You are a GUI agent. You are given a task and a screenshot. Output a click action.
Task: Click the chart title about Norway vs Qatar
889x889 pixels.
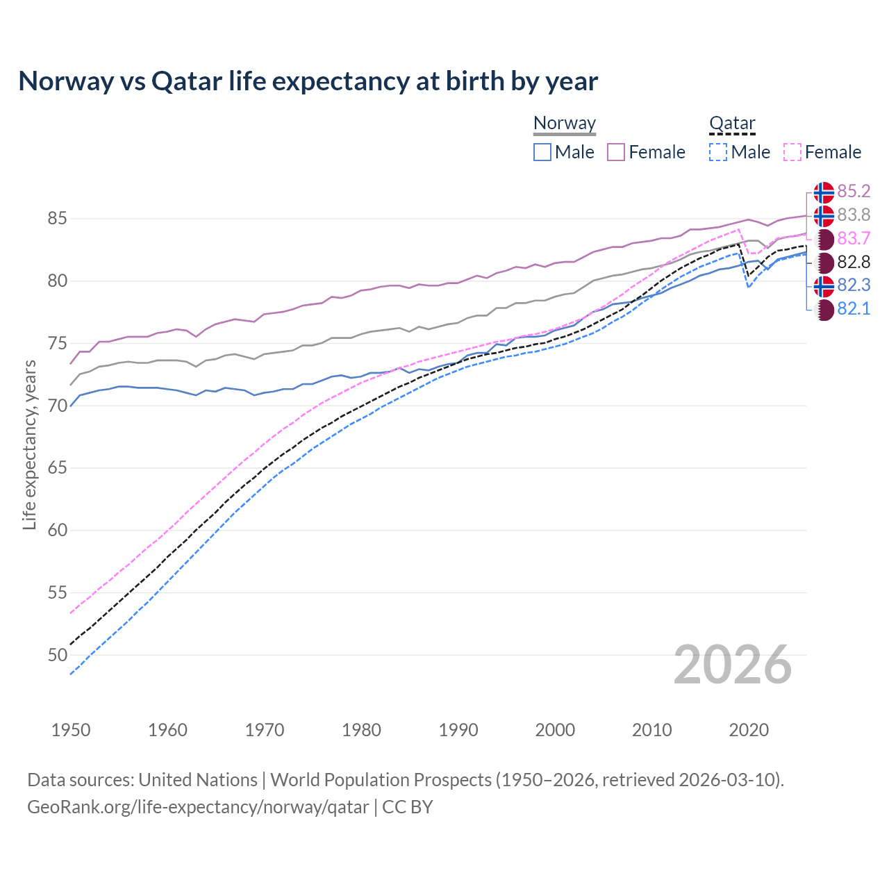pyautogui.click(x=308, y=81)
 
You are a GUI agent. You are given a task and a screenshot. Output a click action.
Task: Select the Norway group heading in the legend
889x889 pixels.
pyautogui.click(x=565, y=123)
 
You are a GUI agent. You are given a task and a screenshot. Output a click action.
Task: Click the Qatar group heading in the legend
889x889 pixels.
pyautogui.click(x=732, y=123)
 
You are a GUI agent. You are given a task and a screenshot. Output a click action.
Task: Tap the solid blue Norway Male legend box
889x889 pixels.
pyautogui.click(x=542, y=152)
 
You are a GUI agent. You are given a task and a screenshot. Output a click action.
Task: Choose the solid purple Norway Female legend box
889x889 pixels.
pyautogui.click(x=616, y=152)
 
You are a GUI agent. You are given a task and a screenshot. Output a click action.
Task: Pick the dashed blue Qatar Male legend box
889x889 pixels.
pyautogui.click(x=719, y=152)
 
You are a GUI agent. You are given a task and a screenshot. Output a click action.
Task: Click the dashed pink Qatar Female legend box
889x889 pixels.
pyautogui.click(x=792, y=152)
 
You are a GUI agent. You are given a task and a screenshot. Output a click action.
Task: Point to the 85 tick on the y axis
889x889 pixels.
pyautogui.click(x=57, y=219)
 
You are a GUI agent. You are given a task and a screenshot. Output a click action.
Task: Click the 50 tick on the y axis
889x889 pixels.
pyautogui.click(x=57, y=655)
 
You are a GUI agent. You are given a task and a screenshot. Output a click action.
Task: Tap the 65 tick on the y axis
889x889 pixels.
pyautogui.click(x=57, y=468)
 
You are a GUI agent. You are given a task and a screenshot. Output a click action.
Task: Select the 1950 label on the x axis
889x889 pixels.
pyautogui.click(x=71, y=730)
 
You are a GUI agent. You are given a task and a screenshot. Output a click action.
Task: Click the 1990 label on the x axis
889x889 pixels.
pyautogui.click(x=458, y=730)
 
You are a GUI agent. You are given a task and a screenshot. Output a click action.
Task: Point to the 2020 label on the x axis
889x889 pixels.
pyautogui.click(x=749, y=730)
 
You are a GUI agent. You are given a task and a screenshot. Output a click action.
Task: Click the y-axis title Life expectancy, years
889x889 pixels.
pyautogui.click(x=30, y=444)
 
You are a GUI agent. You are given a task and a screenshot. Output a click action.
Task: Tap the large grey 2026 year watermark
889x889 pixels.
pyautogui.click(x=733, y=665)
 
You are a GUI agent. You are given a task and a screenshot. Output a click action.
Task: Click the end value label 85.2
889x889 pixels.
pyautogui.click(x=854, y=191)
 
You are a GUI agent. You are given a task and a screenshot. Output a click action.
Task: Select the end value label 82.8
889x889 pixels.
pyautogui.click(x=854, y=262)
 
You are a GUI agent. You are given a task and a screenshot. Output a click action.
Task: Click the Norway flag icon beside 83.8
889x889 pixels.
pyautogui.click(x=824, y=215)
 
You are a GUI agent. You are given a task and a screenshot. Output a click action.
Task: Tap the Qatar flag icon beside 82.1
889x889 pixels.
pyautogui.click(x=824, y=310)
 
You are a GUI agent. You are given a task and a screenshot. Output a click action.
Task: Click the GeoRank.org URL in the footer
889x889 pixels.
pyautogui.click(x=198, y=807)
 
